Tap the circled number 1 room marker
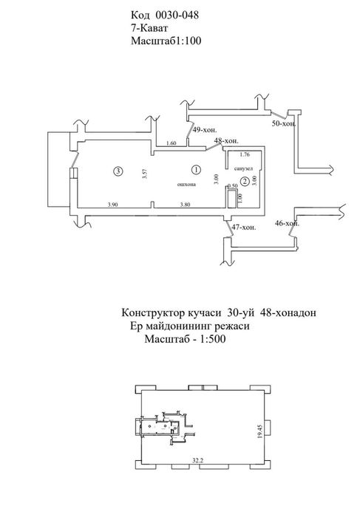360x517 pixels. pos(197,169)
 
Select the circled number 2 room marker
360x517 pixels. pos(245,181)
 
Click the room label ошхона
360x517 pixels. pos(187,185)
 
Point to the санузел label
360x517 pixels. pos(243,169)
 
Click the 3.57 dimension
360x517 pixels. pos(145,174)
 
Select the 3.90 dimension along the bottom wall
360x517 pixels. pos(113,205)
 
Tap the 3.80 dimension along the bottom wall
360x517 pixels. pos(185,205)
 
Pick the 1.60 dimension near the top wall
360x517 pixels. pos(171,143)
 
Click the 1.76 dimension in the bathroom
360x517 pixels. pos(245,154)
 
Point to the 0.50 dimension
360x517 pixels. pos(233,186)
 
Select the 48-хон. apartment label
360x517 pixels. pos(226,141)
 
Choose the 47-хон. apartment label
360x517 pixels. pos(244,227)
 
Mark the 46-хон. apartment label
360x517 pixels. pos(288,223)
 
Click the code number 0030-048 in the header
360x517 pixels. pos(177,16)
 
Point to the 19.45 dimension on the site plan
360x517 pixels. pos(260,431)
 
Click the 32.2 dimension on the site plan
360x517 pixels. pos(197,460)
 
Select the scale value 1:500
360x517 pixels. pos(212,339)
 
